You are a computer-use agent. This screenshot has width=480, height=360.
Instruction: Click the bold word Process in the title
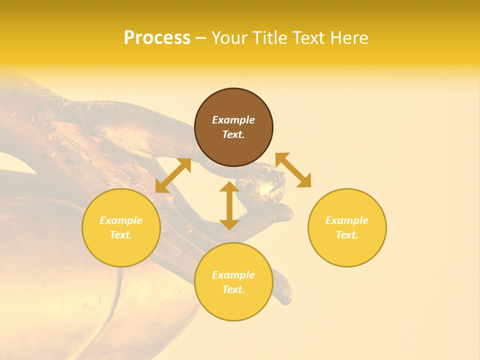tap(157, 38)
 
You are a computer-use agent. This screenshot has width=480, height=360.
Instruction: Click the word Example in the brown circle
tap(233, 120)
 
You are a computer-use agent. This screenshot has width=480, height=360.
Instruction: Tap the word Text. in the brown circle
tap(233, 134)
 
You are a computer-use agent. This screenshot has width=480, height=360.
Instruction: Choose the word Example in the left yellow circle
tap(121, 220)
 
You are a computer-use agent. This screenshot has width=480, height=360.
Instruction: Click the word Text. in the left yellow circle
tap(121, 235)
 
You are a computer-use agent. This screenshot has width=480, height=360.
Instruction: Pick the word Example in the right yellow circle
tap(347, 220)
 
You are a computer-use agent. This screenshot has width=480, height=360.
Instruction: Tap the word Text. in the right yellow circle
tap(347, 235)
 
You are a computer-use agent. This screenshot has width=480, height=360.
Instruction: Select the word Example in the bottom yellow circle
tap(233, 275)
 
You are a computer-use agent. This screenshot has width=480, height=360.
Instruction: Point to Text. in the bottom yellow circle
tap(233, 289)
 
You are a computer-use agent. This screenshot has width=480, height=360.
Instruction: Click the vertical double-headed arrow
tap(229, 205)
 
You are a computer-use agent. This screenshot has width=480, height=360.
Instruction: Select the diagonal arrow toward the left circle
tap(173, 175)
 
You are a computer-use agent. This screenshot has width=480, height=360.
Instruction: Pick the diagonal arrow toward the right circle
tap(293, 170)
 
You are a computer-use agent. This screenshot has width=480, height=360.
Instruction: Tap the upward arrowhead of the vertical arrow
tap(229, 186)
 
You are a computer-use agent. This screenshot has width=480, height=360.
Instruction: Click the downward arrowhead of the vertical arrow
tap(229, 224)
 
